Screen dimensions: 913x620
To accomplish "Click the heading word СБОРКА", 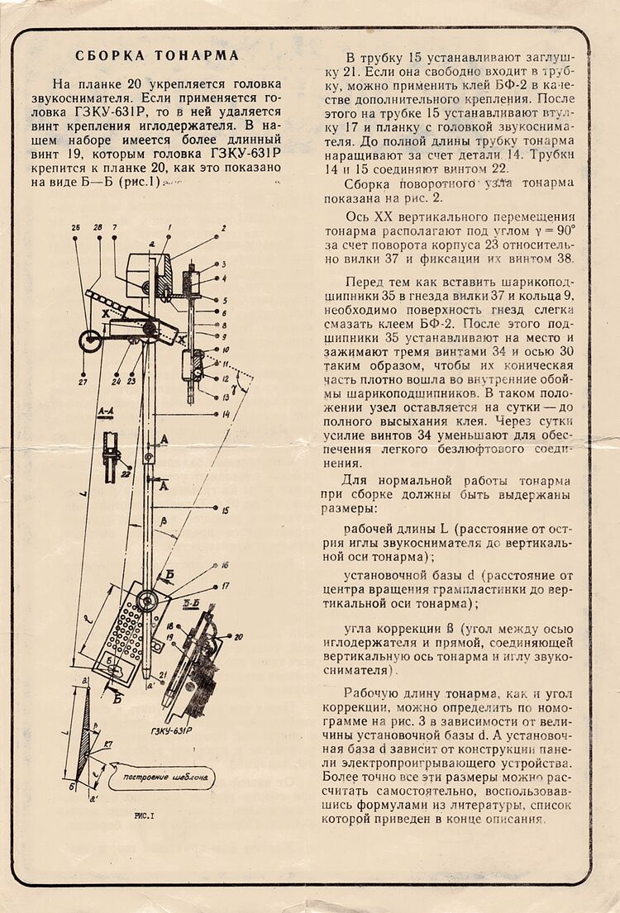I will pyautogui.click(x=110, y=56).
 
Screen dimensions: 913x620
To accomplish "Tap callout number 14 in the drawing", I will pyautogui.click(x=225, y=413).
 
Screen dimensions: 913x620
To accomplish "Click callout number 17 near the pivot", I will pyautogui.click(x=225, y=586).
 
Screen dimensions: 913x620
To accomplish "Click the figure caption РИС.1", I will pyautogui.click(x=145, y=816).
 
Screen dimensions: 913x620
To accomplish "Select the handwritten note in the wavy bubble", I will pyautogui.click(x=170, y=777).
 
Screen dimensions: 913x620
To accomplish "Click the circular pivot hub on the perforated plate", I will pyautogui.click(x=148, y=600).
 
